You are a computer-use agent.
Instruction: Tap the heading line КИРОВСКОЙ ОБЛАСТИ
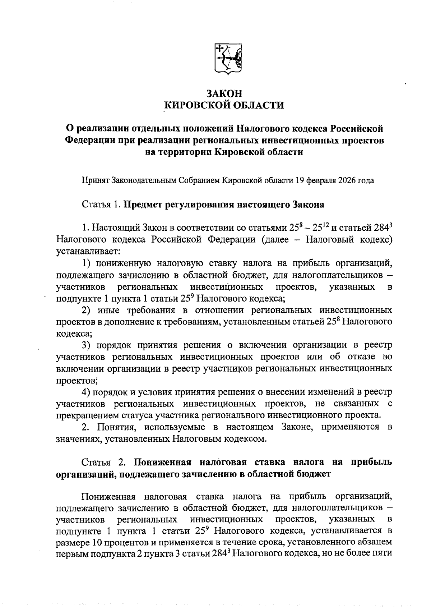(224, 105)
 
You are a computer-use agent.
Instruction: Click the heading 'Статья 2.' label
(103, 462)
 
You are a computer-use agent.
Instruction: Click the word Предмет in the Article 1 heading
(143, 205)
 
